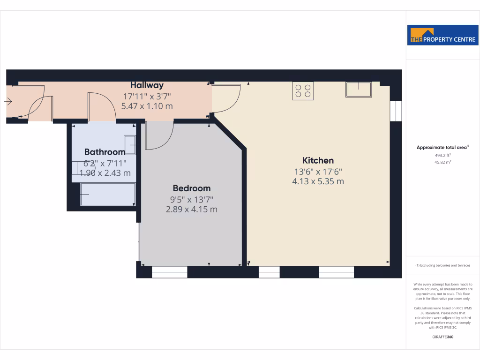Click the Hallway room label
(147, 85)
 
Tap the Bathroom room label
(105, 152)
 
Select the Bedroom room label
(191, 188)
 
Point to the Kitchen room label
(318, 160)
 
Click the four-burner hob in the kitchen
(303, 90)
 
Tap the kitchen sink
(358, 89)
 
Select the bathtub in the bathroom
(108, 194)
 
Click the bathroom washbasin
(130, 145)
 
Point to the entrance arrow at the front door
(8, 101)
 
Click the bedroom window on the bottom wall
(169, 272)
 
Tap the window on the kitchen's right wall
(396, 111)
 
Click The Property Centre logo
(442, 35)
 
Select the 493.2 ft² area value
(442, 155)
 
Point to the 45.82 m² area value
(442, 162)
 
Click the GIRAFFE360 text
(442, 337)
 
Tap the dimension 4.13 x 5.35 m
(318, 181)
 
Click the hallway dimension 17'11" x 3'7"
(147, 97)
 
